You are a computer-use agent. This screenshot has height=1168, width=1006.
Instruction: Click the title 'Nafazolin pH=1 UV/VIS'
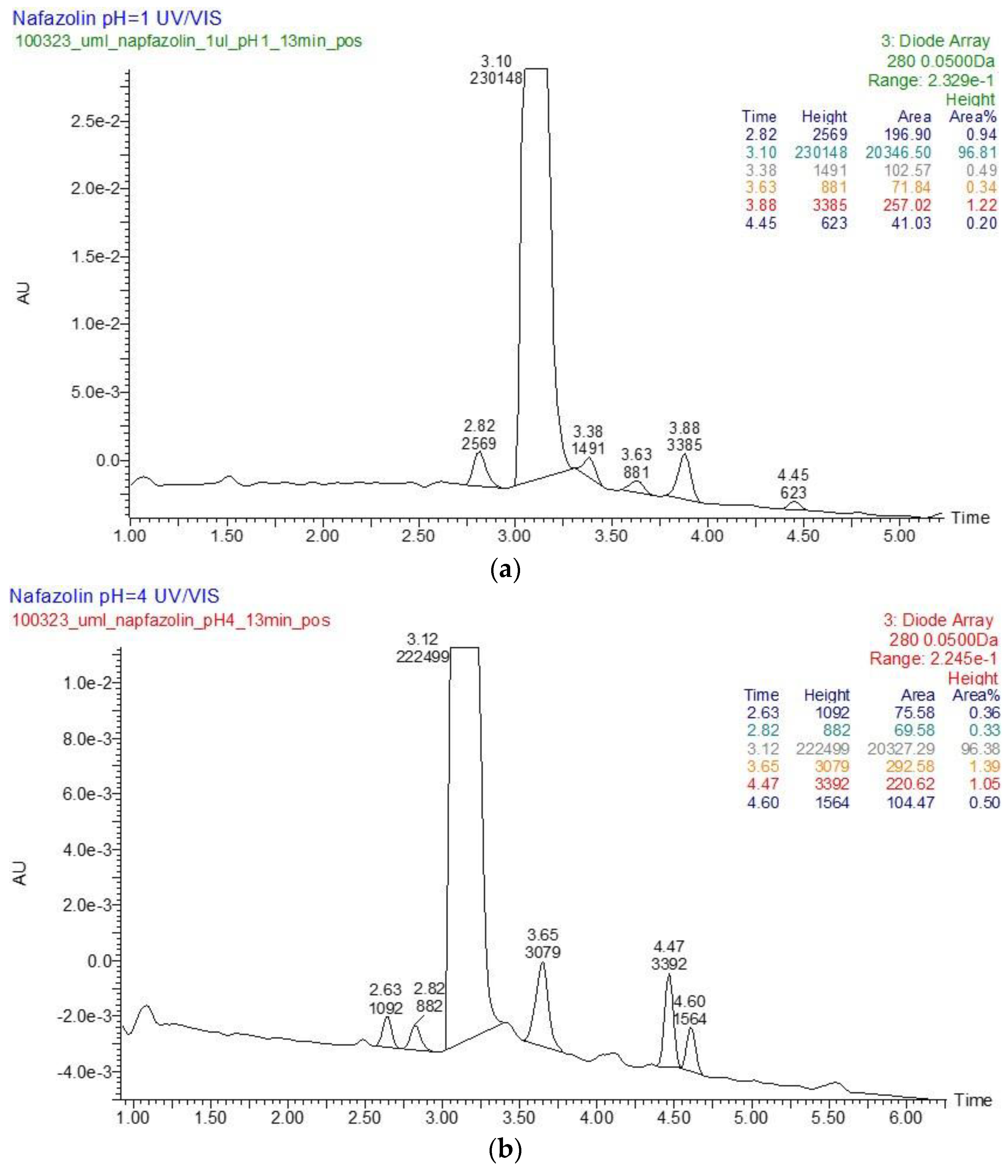coord(117,19)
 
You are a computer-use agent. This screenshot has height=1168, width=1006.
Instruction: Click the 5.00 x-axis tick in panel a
coord(899,536)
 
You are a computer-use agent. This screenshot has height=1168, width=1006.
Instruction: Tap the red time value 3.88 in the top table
coord(761,205)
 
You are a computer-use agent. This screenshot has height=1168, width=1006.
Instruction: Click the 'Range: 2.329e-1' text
coord(931,81)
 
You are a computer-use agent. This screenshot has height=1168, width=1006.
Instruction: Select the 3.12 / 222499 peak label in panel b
coord(422,648)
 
